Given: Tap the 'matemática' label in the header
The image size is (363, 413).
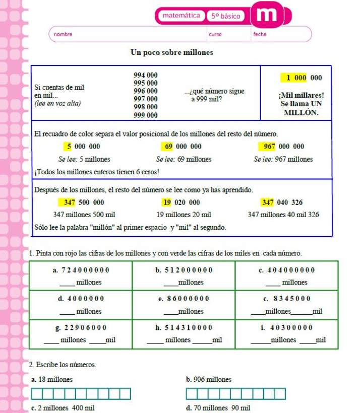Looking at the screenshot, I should coord(181,16).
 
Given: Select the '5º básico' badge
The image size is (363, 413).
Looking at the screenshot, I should coord(225,16).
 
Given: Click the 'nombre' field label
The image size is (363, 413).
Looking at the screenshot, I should coord(63,34).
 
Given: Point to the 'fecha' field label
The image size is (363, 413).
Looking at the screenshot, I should coord(260,34).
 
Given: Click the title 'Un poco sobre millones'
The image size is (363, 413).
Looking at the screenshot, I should coord(171,52).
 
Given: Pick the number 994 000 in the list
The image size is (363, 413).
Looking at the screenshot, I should coord(145,75).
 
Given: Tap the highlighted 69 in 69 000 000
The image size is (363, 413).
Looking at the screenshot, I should coord(168,147).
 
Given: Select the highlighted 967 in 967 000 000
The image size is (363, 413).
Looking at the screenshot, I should coord(268,147).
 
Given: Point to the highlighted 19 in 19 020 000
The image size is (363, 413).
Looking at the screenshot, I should coord(167,202).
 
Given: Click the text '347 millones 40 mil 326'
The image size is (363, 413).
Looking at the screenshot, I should coord(283,215).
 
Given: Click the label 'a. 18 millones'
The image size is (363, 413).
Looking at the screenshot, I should coord(52,379).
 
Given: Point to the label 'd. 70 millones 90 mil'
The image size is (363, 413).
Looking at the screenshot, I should coord(218,407).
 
